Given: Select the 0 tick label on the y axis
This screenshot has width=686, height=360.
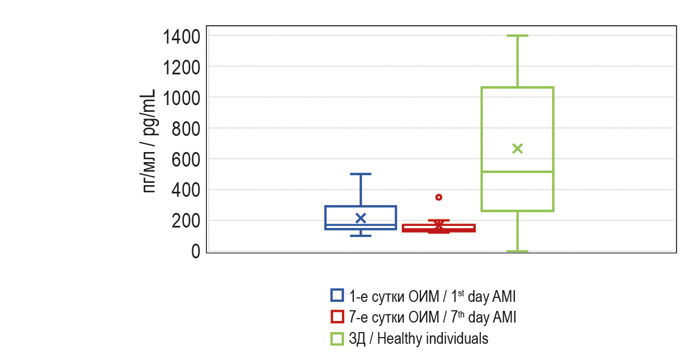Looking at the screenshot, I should point(196,252).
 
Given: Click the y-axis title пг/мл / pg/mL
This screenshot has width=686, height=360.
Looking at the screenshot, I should point(149,141).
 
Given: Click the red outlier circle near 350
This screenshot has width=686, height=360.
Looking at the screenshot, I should point(439,197).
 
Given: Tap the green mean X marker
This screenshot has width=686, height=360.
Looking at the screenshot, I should point(518,148).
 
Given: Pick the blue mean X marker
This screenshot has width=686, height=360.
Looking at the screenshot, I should point(361,218).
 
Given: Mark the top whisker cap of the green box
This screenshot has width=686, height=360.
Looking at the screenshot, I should point(518,36).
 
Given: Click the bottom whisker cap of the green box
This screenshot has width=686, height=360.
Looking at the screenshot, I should point(518,251).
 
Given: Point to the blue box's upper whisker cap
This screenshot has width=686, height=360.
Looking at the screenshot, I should point(361,174).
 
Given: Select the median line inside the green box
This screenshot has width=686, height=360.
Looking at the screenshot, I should point(518,172).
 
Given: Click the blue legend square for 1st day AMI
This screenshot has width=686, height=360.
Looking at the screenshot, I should point(337,295).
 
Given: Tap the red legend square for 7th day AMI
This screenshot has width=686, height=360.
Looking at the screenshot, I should point(337,316).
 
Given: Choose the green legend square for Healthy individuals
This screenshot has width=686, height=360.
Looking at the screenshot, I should point(337,338).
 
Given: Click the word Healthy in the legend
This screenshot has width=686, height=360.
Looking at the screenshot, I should point(397,339).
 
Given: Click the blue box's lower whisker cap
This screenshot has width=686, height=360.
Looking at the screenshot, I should point(361,235).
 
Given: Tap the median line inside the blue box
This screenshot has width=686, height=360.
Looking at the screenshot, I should point(361,225).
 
